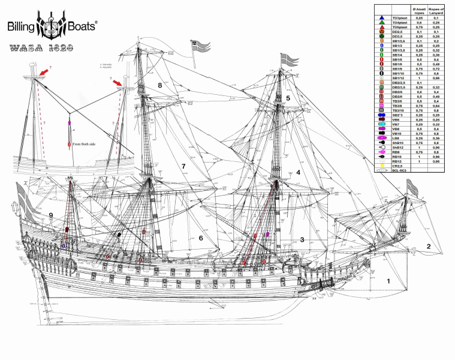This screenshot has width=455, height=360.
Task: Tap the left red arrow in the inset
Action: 45,73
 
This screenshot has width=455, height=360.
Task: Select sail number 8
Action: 160,86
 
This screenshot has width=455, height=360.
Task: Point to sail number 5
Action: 288,98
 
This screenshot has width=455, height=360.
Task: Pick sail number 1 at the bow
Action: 388,280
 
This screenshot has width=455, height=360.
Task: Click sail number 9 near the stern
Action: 52,215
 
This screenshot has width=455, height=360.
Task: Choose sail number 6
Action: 201,238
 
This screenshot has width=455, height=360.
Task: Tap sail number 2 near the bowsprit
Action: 429,246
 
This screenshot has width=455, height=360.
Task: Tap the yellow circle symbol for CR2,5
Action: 382,165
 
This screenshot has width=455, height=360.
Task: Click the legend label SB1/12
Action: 399,78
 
